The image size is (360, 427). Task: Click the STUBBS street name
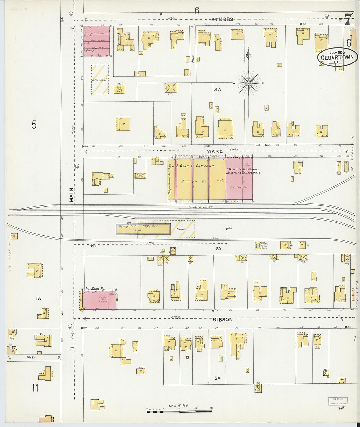click(223, 19)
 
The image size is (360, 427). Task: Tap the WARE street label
click(215, 151)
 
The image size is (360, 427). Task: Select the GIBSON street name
click(223, 320)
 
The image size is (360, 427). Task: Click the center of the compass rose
click(249, 83)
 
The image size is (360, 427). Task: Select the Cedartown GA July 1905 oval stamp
click(337, 57)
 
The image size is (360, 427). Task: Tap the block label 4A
click(218, 89)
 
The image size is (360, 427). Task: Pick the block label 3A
click(218, 378)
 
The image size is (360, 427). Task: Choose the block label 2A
click(218, 249)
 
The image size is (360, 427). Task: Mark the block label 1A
click(38, 298)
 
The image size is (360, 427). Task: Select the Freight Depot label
click(151, 226)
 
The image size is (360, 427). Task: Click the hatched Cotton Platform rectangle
click(100, 80)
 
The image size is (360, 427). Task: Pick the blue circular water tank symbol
click(258, 245)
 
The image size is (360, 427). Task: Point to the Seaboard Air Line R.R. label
click(201, 207)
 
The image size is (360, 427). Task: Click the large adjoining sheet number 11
click(35, 388)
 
